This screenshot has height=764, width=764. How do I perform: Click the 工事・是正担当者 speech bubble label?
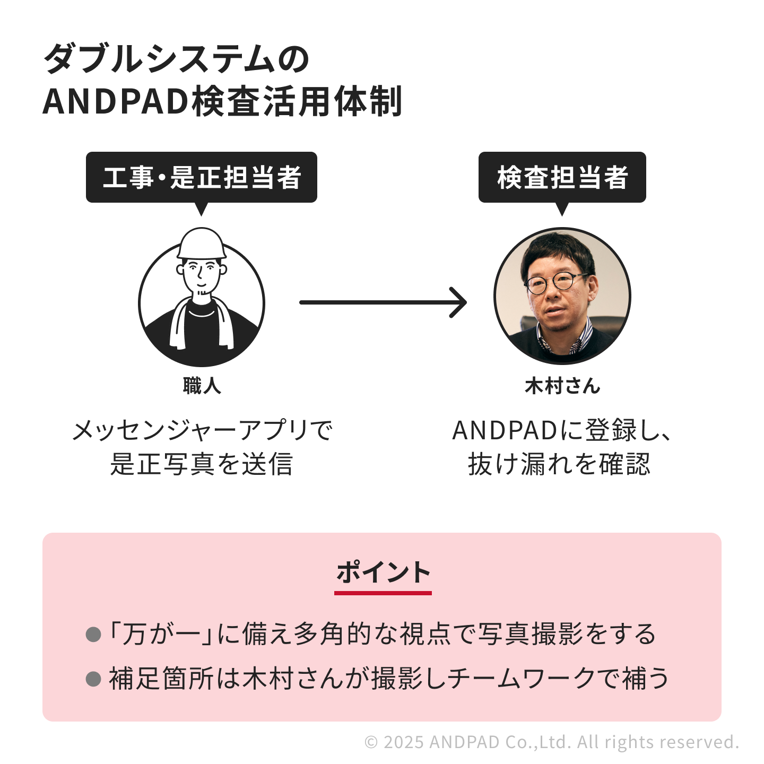202,177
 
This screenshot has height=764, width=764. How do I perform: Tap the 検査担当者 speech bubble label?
562,177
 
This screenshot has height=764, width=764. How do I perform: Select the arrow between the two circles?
382,302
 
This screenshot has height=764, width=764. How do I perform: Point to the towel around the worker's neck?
180,324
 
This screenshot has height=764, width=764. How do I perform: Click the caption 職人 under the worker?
202,386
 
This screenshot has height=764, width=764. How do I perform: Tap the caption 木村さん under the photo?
562,386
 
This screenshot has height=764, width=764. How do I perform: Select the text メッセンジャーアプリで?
202,430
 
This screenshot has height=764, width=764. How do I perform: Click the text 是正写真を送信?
202,464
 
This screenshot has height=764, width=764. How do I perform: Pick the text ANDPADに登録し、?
561,430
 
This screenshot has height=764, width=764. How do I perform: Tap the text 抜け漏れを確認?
559,464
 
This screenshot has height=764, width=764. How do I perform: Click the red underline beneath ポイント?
383,593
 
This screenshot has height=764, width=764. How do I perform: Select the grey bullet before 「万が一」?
93,634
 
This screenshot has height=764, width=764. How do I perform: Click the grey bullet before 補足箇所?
93,679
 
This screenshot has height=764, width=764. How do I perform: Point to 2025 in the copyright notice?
403,742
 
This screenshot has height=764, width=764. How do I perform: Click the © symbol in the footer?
371,742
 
